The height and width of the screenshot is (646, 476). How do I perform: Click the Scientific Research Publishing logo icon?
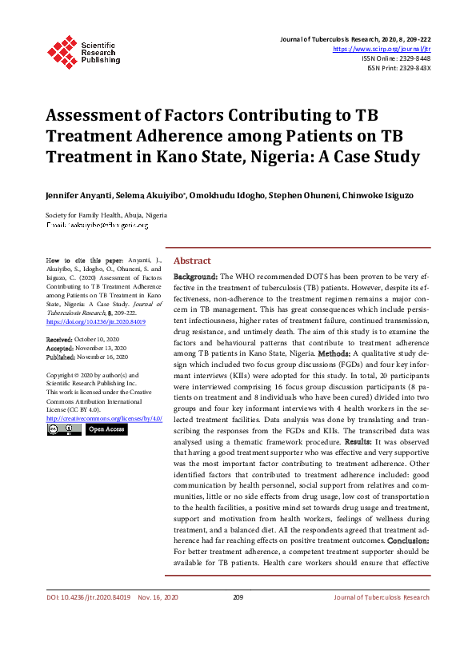click(x=62, y=50)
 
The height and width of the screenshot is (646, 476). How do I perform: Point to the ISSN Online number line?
click(x=396, y=58)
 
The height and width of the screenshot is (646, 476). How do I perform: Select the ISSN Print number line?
click(x=398, y=68)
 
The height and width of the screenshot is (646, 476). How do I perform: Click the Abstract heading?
click(x=192, y=261)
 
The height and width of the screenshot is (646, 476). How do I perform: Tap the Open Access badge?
click(x=106, y=429)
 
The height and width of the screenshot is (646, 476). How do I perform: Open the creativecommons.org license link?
click(x=104, y=418)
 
